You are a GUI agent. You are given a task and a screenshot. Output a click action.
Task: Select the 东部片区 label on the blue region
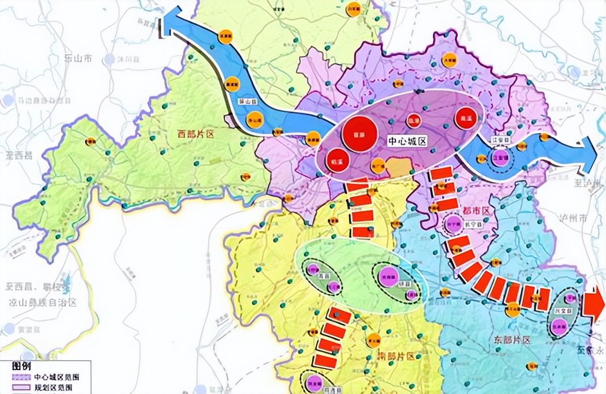(x=510, y=340)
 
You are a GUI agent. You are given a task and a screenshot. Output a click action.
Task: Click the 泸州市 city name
(x=572, y=219)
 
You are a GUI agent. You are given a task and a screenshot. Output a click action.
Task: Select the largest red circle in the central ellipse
(x=360, y=133)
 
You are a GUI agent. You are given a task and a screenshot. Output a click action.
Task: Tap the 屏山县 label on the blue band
(x=245, y=101)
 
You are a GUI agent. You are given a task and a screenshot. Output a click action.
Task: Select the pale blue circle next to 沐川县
(x=110, y=59)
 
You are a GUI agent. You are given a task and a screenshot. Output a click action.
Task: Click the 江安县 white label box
(x=498, y=140)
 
